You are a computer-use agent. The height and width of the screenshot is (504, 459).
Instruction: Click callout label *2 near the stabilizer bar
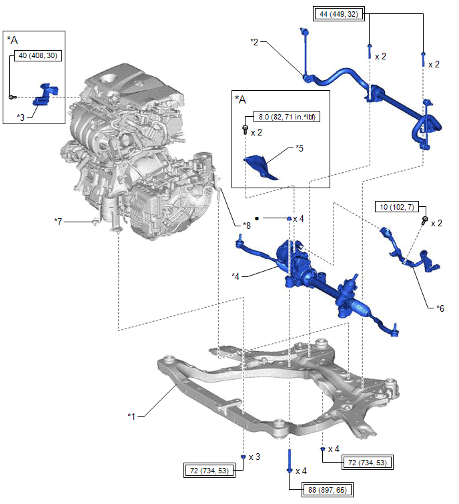254,42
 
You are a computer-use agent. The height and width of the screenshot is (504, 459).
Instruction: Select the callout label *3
21,116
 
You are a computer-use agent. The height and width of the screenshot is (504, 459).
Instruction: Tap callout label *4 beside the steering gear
236,275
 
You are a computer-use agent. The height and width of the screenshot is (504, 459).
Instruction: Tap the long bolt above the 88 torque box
289,458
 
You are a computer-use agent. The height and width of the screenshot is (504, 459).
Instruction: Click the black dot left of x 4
256,218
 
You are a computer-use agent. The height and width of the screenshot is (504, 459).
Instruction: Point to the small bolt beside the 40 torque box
13,97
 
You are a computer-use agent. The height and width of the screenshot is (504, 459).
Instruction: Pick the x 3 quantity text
254,457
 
